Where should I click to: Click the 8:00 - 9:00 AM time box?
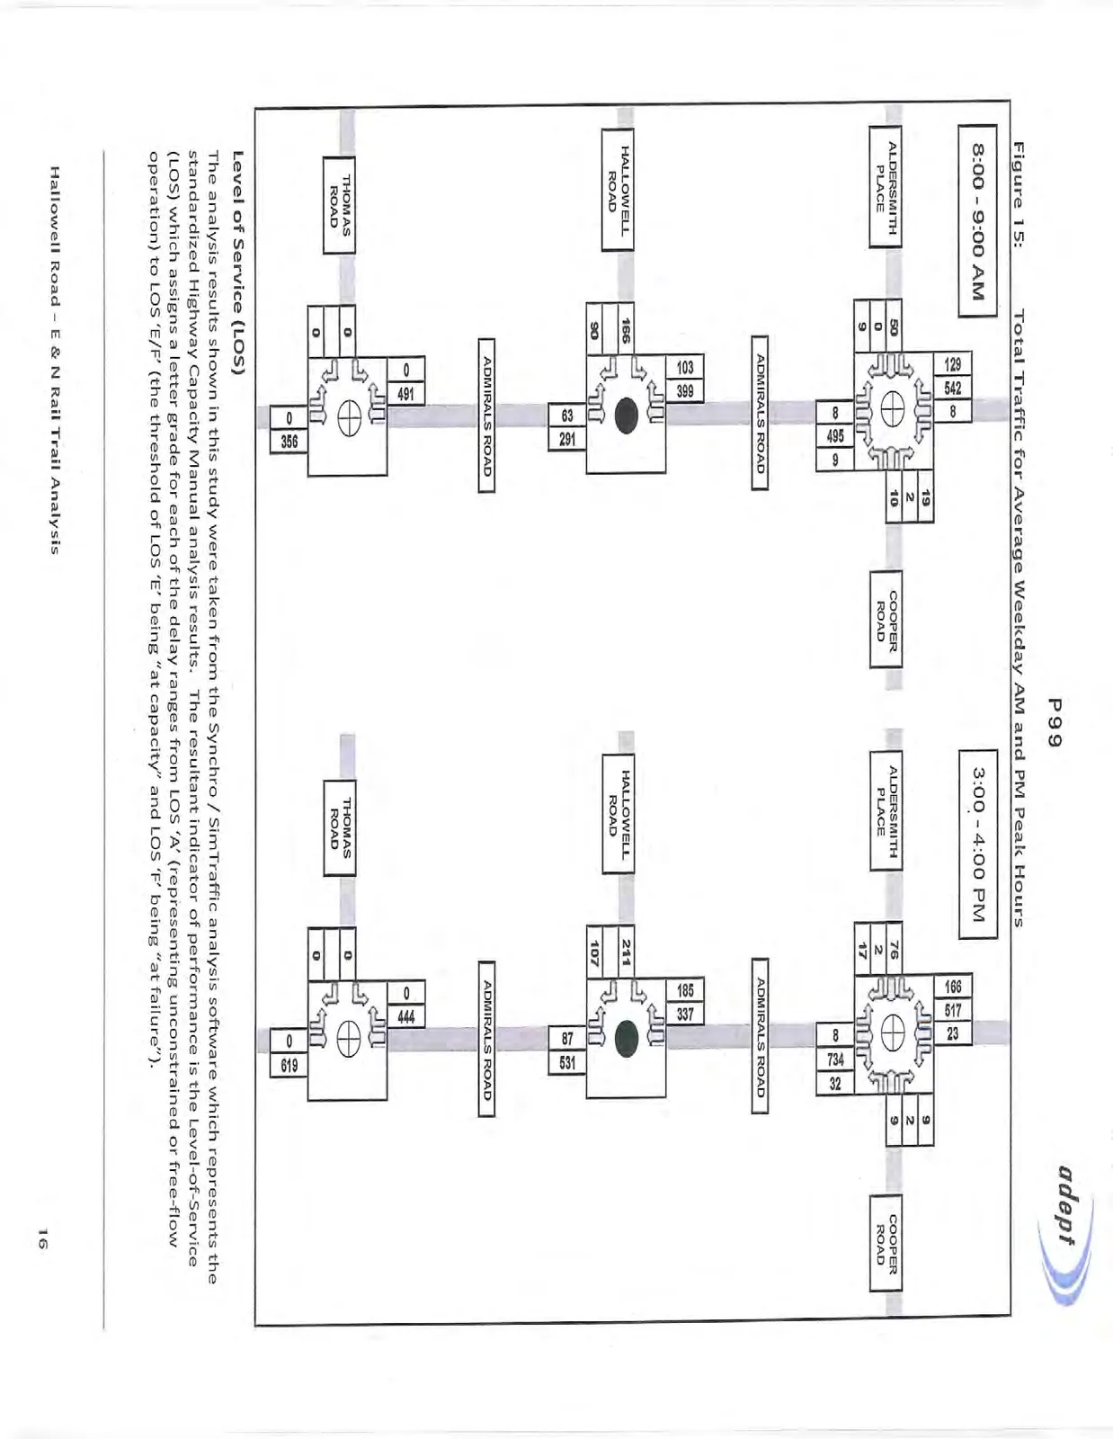pos(977,222)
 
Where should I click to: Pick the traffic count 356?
pos(289,442)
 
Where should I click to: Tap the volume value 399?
pos(685,390)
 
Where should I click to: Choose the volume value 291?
pos(567,438)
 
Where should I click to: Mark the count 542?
pos(952,388)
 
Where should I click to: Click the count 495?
pos(835,435)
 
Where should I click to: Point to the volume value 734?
pos(835,1059)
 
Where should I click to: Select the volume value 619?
pos(289,1066)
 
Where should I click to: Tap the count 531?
pos(567,1063)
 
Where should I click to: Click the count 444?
pos(405,1016)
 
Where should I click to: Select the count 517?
pos(952,1011)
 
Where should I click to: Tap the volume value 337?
pos(685,1014)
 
